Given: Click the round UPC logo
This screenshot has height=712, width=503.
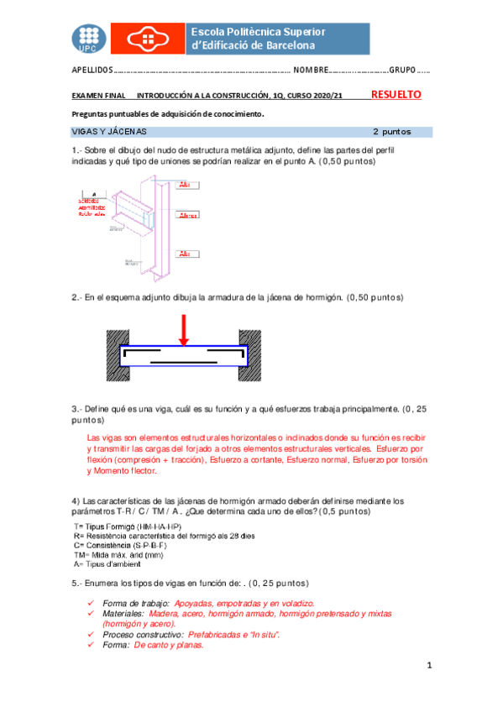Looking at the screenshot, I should coord(88,36).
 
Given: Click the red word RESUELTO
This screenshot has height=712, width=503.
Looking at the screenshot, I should coord(396,95).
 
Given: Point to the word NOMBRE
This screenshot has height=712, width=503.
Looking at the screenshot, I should coord(310,71).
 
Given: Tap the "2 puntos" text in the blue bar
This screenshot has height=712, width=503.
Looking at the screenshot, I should coord(391,132).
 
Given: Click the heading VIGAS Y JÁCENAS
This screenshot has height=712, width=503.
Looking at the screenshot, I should coord(109,132).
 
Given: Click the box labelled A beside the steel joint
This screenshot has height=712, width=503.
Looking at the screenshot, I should coord(94,194).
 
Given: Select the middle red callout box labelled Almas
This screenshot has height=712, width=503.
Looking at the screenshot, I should coord(188,216).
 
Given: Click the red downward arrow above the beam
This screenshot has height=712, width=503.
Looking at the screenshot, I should coord(183,328).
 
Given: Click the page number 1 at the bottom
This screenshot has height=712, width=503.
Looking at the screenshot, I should coord(428,666).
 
